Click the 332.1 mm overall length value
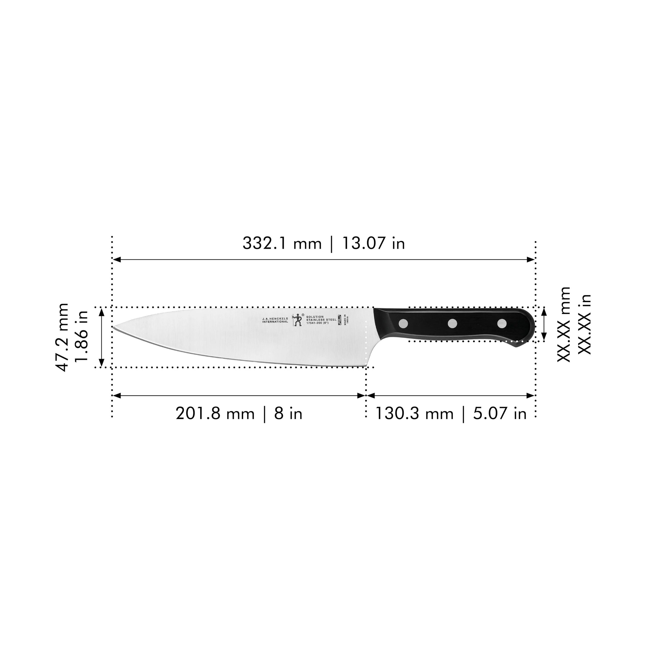281,243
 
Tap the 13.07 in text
373,243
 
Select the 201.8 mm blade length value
215,414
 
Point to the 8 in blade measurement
288,414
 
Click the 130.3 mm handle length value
414,414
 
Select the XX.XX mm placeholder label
564,324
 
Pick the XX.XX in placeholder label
584,324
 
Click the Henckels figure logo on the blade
296,320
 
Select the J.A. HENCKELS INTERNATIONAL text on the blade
275,320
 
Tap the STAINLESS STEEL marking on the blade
321,320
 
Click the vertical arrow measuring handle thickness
544,324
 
